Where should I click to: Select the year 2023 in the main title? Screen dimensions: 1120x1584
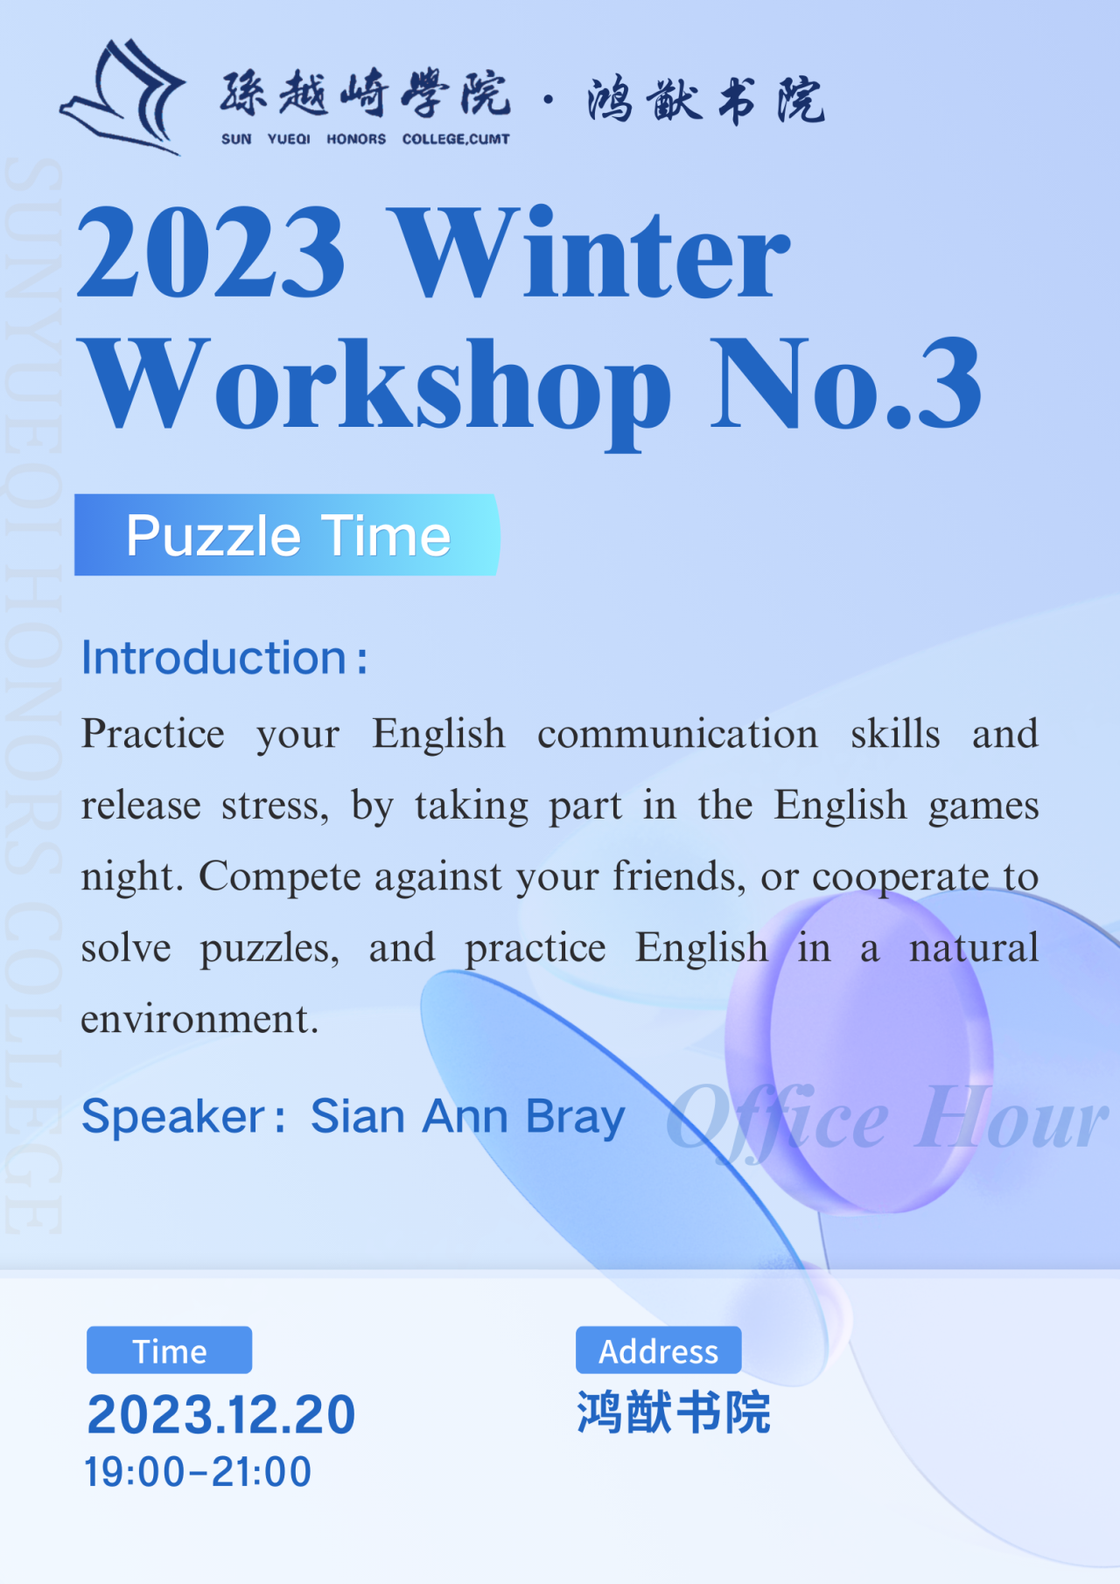tap(212, 253)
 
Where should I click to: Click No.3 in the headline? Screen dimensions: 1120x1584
tap(845, 385)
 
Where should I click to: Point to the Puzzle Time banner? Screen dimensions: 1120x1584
tap(287, 535)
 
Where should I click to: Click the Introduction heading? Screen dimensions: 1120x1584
tap(224, 658)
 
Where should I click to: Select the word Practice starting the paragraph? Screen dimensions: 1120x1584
tap(153, 734)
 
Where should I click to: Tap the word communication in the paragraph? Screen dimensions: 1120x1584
tap(677, 734)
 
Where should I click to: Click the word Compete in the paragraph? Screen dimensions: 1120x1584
tap(279, 877)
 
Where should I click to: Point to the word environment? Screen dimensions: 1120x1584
tap(199, 1019)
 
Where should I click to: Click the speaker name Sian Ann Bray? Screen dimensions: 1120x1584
tap(468, 1117)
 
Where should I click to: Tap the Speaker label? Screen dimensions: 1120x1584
tap(183, 1118)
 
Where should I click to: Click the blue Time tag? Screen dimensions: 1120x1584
tap(169, 1350)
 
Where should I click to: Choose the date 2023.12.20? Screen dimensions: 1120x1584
tap(221, 1415)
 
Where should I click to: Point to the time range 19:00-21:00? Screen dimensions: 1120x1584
tap(198, 1473)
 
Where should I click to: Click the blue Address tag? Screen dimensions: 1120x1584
tap(658, 1350)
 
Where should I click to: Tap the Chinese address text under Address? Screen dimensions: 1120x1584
tap(673, 1413)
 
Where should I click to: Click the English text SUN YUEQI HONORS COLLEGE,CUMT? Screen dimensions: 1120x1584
tap(365, 139)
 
